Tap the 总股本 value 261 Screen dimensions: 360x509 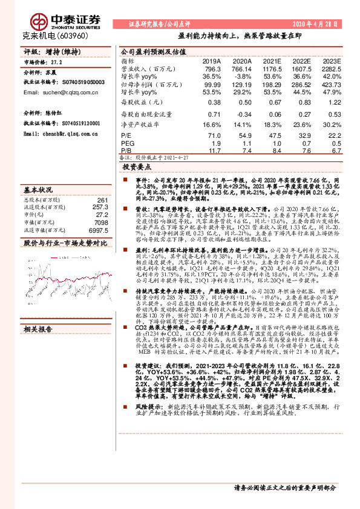pyautogui.click(x=102, y=200)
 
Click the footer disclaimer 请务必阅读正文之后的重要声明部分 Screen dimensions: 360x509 pyautogui.click(x=284, y=487)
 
